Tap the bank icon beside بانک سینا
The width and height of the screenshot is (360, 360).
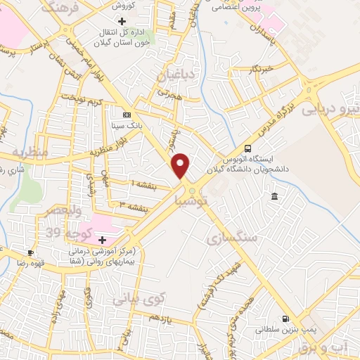click(127, 115)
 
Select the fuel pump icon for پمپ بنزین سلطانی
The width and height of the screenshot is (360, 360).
click(285, 318)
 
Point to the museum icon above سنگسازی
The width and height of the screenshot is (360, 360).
click(274, 196)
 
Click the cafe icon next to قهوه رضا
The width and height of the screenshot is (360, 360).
click(30, 252)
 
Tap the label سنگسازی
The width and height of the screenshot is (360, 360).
click(233, 239)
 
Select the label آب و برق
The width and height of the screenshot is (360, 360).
click(335, 347)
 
